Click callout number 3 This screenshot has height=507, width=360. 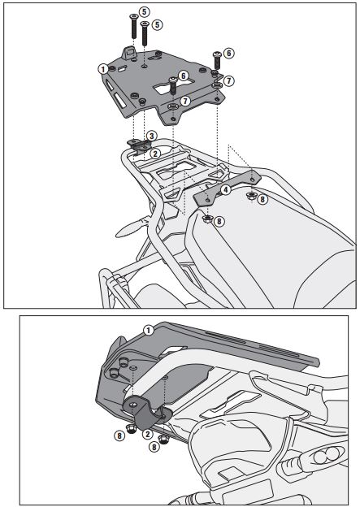pos(152,136)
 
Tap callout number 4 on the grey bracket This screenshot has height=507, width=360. pos(225,189)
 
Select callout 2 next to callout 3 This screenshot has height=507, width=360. pos(155,154)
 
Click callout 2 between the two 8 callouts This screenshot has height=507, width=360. pos(147,434)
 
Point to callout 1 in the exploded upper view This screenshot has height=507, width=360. pos(103,69)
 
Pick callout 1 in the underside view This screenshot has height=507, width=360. pos(149,331)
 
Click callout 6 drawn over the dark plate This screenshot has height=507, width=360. pos(184,76)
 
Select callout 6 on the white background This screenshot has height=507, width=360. pos(228,53)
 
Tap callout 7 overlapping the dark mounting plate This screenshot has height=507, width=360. pos(185,102)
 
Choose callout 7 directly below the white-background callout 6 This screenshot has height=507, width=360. pos(228,80)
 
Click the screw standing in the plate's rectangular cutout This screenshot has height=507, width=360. pos(173,85)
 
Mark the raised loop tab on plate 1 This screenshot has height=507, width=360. pos(129,52)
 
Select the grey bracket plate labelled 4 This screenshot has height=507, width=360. pos(227,188)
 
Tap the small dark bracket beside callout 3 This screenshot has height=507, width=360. pos(140,145)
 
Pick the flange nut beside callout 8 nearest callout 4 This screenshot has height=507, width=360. pos(250,196)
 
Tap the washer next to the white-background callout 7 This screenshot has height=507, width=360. pos(217,84)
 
